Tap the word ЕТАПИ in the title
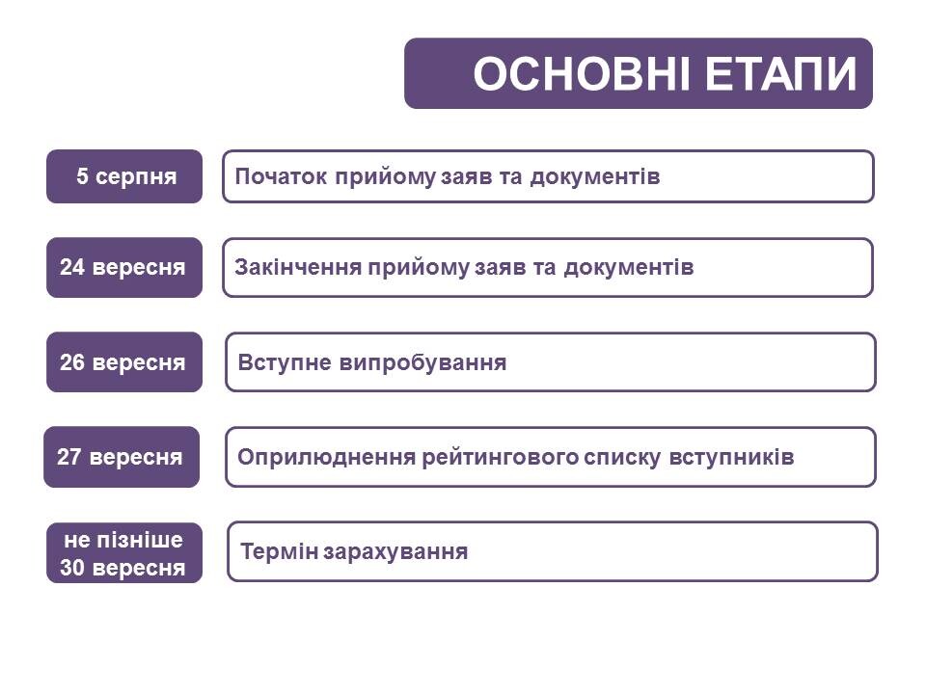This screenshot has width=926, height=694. point(780,74)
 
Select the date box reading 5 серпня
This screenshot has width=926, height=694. point(124,176)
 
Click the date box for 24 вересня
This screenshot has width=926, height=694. point(124,267)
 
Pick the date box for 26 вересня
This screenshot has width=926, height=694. point(124,361)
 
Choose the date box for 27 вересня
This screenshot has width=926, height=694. point(122,457)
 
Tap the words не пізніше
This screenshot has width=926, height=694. point(123,540)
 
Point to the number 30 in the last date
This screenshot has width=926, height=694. point(72,567)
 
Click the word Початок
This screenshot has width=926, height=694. point(281,176)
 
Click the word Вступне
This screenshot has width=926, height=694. point(285,362)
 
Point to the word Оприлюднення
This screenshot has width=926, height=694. point(327,457)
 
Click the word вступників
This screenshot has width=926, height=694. point(731,457)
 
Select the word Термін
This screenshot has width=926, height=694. point(280,551)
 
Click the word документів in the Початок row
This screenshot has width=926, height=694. point(595,176)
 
